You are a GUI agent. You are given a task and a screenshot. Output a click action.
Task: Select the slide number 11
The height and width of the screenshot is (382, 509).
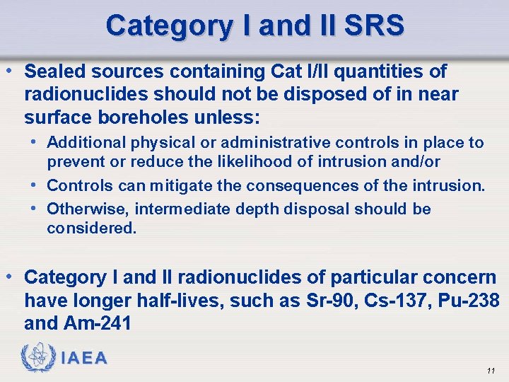pos(491,371)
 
